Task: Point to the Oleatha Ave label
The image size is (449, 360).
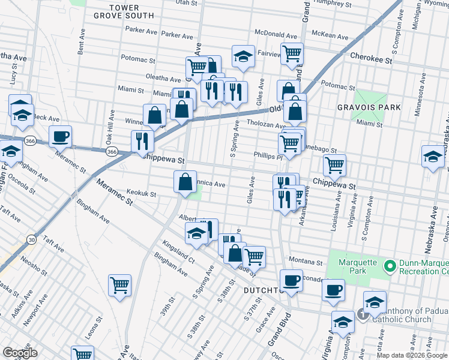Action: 164,79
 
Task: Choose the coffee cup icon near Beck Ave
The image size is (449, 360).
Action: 61,137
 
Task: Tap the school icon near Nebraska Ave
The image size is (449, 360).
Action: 432,157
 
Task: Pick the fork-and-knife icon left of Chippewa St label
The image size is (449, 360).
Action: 142,142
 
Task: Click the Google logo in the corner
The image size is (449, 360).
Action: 19,353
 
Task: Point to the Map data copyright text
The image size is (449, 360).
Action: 412,355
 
